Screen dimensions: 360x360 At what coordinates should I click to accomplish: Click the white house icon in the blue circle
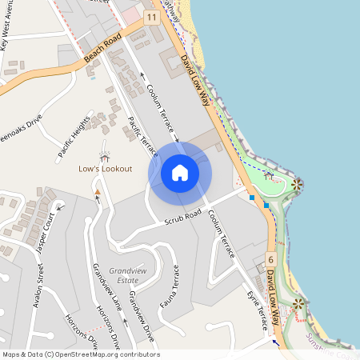pos(180,172)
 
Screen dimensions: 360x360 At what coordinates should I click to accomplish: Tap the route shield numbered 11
pos(152,17)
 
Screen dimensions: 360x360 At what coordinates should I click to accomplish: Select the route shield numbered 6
pos(270,259)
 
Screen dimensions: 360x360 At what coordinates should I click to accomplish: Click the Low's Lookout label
pos(105,169)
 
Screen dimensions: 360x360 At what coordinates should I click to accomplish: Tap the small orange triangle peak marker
pos(98,192)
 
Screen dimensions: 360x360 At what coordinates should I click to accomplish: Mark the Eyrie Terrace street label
pos(256,310)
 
